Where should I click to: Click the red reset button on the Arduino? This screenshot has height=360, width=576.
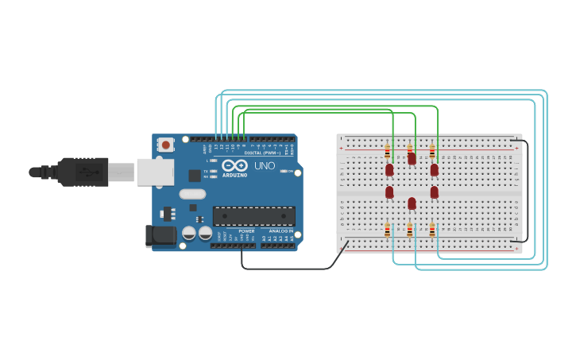tap(165, 145)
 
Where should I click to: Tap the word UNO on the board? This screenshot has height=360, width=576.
tap(265, 165)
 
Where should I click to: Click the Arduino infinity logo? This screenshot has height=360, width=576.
tap(234, 165)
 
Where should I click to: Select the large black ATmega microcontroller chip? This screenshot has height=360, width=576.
tap(253, 216)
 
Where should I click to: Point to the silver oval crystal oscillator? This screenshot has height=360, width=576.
tap(192, 194)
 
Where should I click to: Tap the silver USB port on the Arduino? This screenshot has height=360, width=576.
tap(155, 172)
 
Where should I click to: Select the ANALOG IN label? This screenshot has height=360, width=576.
tap(280, 231)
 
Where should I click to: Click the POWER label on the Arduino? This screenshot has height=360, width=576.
tap(246, 231)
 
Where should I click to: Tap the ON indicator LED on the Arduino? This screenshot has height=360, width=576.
tap(284, 171)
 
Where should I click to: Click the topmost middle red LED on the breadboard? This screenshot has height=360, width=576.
tap(412, 159)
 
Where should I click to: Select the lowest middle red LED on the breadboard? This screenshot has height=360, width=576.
tap(412, 203)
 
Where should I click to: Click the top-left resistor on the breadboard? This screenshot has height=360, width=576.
tap(388, 151)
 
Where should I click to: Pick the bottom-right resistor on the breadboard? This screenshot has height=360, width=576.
tap(432, 230)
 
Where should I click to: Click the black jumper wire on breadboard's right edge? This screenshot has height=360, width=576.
tap(527, 191)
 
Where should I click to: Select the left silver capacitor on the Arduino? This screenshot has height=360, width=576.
tap(189, 233)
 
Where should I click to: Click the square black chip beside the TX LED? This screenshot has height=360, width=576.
tap(194, 176)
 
